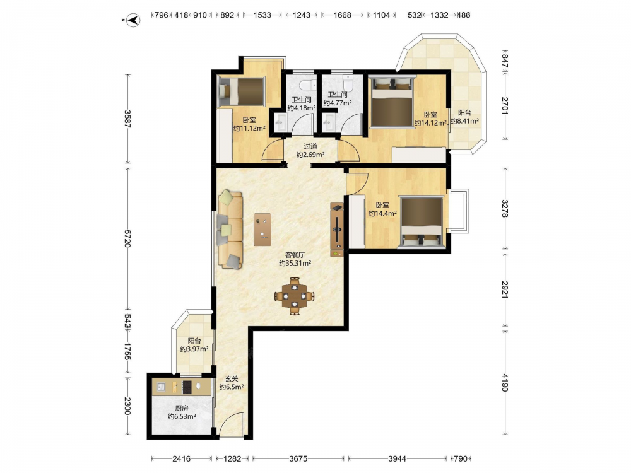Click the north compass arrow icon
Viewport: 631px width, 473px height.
[x=133, y=20]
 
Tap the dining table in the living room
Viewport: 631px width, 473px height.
[x=295, y=296]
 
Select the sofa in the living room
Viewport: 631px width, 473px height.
[x=230, y=230]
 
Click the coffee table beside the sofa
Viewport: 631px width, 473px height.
[x=262, y=230]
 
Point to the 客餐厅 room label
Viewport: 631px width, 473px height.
[x=295, y=255]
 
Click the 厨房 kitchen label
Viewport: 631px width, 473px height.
[x=182, y=408]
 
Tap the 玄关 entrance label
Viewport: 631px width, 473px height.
[x=232, y=378]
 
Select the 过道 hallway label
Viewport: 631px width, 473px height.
[x=310, y=146]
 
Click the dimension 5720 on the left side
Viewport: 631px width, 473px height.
[x=127, y=238]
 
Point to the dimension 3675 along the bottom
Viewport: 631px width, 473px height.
[x=298, y=458]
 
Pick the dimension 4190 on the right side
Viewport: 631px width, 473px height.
[x=505, y=383]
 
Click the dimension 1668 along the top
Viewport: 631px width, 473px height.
[x=343, y=15]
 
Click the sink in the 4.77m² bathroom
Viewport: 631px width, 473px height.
[x=329, y=119]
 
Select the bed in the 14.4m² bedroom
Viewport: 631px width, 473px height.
[x=422, y=221]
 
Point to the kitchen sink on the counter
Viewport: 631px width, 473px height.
[x=162, y=387]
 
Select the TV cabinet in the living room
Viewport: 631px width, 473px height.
[x=337, y=229]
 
